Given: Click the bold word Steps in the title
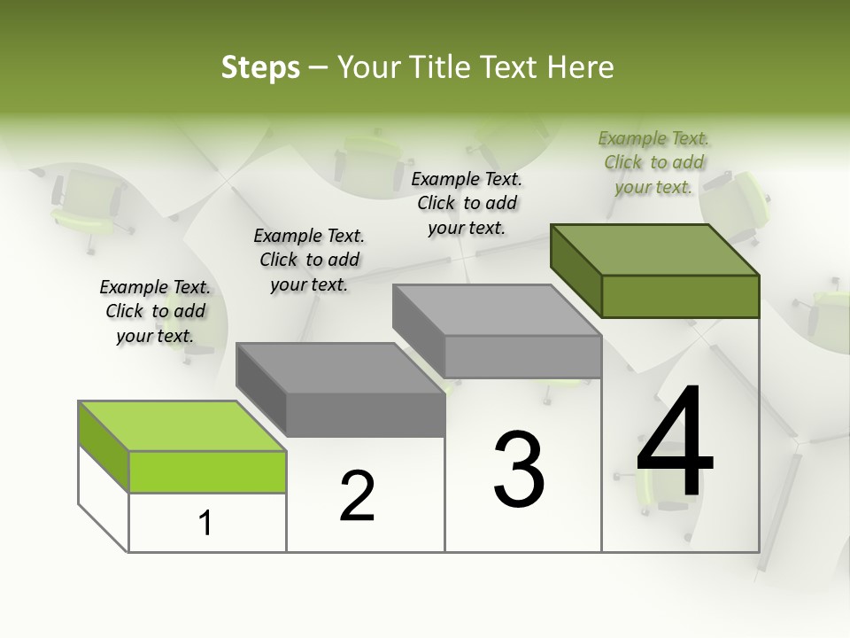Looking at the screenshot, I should point(260,67).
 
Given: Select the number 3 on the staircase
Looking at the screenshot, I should point(519,469).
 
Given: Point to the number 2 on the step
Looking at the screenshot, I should point(358,496).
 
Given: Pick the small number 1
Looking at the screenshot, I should point(205,524).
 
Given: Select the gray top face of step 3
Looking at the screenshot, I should point(497,310).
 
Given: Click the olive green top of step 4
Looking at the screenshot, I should point(655,250).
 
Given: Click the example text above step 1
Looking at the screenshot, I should point(155,311).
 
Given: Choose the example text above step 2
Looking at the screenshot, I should point(309,260).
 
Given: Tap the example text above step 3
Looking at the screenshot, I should point(467,203).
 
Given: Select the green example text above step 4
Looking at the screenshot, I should point(654,162).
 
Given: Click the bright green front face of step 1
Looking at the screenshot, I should point(207,471).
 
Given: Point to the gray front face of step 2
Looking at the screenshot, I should point(365,415).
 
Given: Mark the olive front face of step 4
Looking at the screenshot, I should point(680,296).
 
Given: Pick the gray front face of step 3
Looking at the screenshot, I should point(522,356).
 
